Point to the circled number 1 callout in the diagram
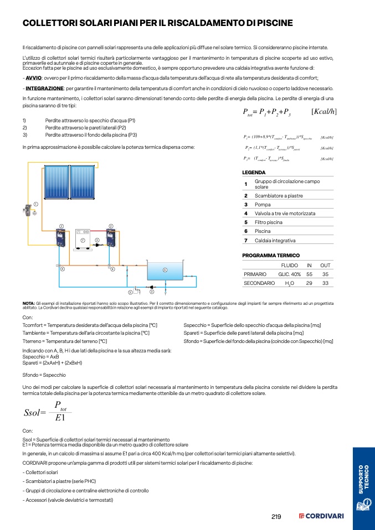[35, 204]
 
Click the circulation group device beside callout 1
[28, 211]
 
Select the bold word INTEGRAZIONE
[44, 89]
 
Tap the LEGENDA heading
[254, 173]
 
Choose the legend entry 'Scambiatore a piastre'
[278, 195]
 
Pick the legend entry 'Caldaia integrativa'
[275, 240]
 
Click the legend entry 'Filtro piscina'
[269, 222]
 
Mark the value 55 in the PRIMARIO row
[310, 274]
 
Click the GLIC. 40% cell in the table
[289, 274]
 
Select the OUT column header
[325, 265]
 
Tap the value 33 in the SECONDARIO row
[325, 283]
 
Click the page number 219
[276, 517]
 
